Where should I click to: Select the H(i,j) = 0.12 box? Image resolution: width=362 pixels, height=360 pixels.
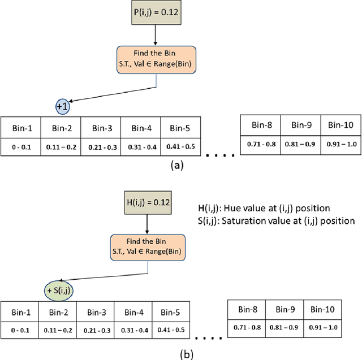pos(148,201)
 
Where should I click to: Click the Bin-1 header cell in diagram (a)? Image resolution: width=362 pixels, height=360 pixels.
pos(20,127)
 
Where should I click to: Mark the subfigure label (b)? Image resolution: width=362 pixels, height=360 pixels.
pos(184,353)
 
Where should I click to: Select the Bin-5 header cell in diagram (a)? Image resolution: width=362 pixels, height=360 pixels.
pos(180,127)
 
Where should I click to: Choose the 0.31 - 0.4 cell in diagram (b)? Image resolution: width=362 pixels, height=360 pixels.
pos(133,329)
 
